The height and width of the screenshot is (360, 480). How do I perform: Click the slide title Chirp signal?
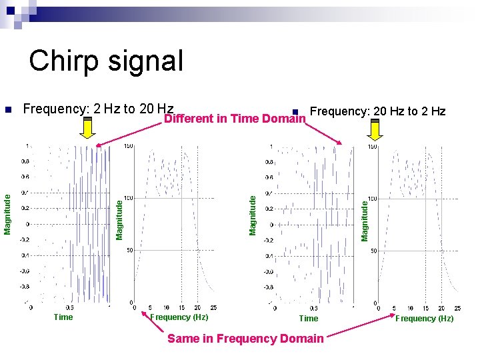pyautogui.click(x=106, y=61)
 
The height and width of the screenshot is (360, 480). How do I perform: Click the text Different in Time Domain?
pyautogui.click(x=234, y=119)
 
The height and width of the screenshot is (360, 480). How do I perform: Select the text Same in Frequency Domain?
pyautogui.click(x=245, y=339)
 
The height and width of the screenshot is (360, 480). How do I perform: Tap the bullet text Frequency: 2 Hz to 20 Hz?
pyautogui.click(x=98, y=109)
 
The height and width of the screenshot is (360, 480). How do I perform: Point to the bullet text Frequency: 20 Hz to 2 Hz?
pyautogui.click(x=378, y=111)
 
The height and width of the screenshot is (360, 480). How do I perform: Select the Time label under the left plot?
pyautogui.click(x=63, y=317)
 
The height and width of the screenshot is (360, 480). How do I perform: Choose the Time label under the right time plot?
pyautogui.click(x=308, y=319)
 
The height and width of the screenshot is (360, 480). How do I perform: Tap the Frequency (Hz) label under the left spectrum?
pyautogui.click(x=179, y=317)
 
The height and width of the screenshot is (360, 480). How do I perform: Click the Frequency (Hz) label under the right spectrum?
pyautogui.click(x=424, y=319)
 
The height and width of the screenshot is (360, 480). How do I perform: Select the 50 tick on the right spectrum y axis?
pyautogui.click(x=373, y=251)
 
